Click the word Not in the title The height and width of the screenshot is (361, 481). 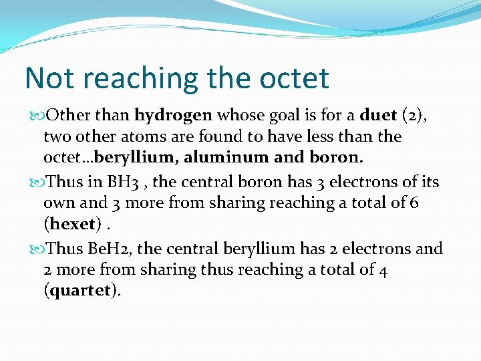48,78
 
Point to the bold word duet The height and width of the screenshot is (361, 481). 378,115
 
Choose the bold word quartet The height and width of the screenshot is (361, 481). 80,291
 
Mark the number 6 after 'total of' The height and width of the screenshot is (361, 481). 414,203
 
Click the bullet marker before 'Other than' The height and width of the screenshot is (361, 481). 35,116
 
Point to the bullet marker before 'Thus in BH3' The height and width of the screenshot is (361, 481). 35,182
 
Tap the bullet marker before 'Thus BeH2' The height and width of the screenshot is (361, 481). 35,249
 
